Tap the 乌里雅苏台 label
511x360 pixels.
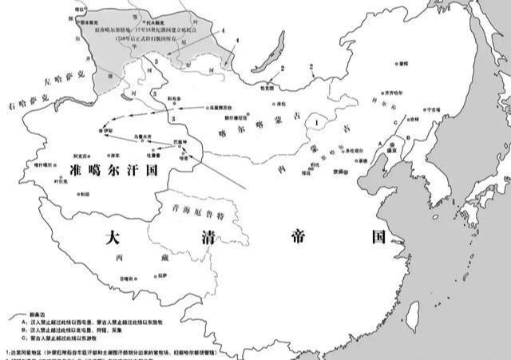(226, 105)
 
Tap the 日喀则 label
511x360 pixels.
(125, 278)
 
